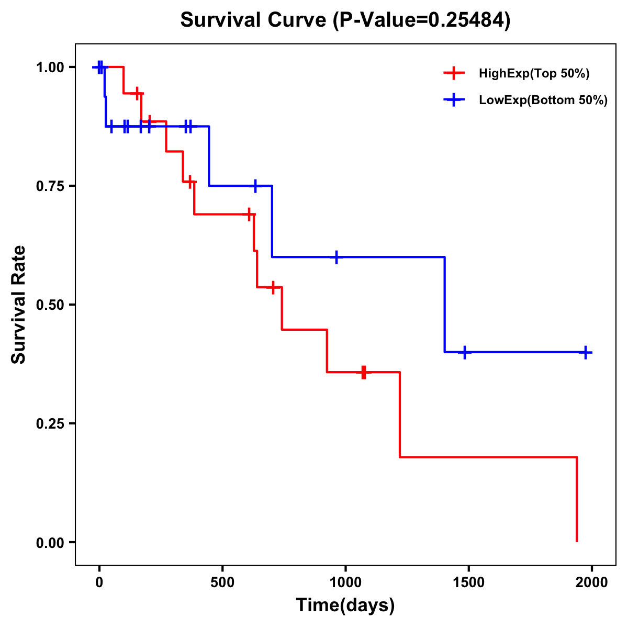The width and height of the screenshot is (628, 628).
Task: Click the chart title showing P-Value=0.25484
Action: pyautogui.click(x=345, y=20)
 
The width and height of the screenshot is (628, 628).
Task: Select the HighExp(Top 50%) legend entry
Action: pyautogui.click(x=534, y=73)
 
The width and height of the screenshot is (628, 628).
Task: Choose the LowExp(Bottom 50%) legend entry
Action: pyautogui.click(x=543, y=100)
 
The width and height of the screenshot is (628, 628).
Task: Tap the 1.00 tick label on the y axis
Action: pyautogui.click(x=49, y=68)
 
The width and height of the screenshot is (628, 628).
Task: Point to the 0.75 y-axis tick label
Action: pyautogui.click(x=49, y=186)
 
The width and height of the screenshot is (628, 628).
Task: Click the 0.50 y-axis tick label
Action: pyautogui.click(x=49, y=305)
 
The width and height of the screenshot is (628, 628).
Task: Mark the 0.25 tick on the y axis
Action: pyautogui.click(x=49, y=424)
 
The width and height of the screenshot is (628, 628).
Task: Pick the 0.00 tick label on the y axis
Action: pyautogui.click(x=49, y=543)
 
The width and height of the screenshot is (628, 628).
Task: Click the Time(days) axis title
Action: pyautogui.click(x=345, y=605)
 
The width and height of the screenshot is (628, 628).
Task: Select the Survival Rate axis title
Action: pyautogui.click(x=19, y=305)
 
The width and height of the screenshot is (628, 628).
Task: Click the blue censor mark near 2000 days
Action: pyautogui.click(x=585, y=352)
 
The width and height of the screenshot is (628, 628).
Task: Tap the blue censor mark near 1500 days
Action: pyautogui.click(x=464, y=352)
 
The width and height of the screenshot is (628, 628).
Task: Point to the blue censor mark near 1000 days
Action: pyautogui.click(x=336, y=257)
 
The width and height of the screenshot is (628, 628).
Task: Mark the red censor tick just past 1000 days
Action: pyautogui.click(x=364, y=372)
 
